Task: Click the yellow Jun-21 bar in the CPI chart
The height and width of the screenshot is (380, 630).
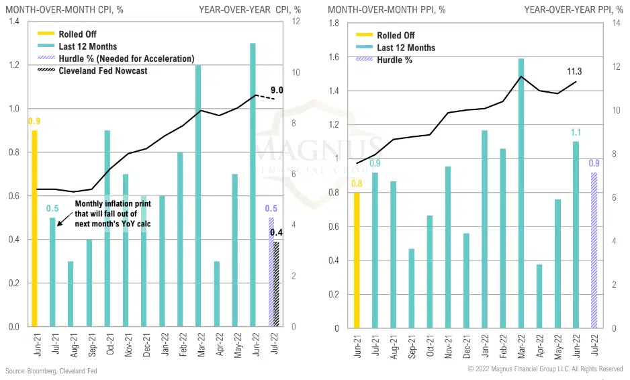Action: tap(34, 228)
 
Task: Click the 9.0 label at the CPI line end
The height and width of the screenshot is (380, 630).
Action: tap(277, 91)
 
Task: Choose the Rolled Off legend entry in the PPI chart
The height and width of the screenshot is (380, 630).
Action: tap(396, 36)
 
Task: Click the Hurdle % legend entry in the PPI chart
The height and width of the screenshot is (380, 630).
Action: tap(394, 60)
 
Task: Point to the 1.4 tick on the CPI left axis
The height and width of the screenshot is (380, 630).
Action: tap(13, 22)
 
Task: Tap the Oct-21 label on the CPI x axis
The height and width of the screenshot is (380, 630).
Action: tap(107, 344)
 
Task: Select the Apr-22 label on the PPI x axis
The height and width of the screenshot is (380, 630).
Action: tap(539, 345)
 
